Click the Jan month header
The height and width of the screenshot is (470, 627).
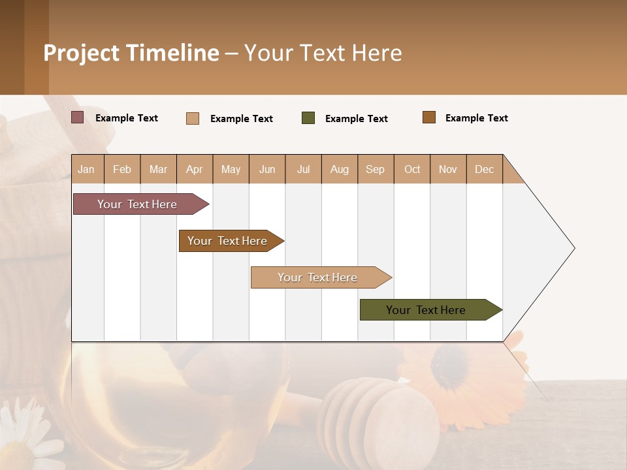87,169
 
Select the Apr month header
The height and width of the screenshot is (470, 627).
195,169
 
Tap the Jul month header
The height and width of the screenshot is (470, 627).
303,169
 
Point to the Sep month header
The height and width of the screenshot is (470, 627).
376,169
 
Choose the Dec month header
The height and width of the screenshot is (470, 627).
484,169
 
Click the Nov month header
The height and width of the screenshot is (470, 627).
448,169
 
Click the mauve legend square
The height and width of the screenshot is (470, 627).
78,117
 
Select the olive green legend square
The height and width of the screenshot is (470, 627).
308,118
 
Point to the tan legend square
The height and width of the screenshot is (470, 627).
193,118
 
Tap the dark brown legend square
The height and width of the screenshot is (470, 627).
429,117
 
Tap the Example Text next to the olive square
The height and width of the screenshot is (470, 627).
356,119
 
